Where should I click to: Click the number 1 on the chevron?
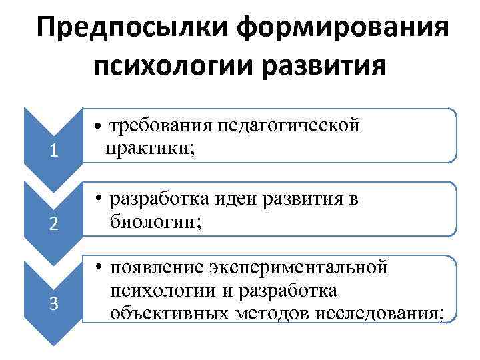click(53, 152)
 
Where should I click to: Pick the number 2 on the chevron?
click(53, 225)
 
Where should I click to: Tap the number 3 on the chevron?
click(53, 305)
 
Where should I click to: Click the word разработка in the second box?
click(163, 199)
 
